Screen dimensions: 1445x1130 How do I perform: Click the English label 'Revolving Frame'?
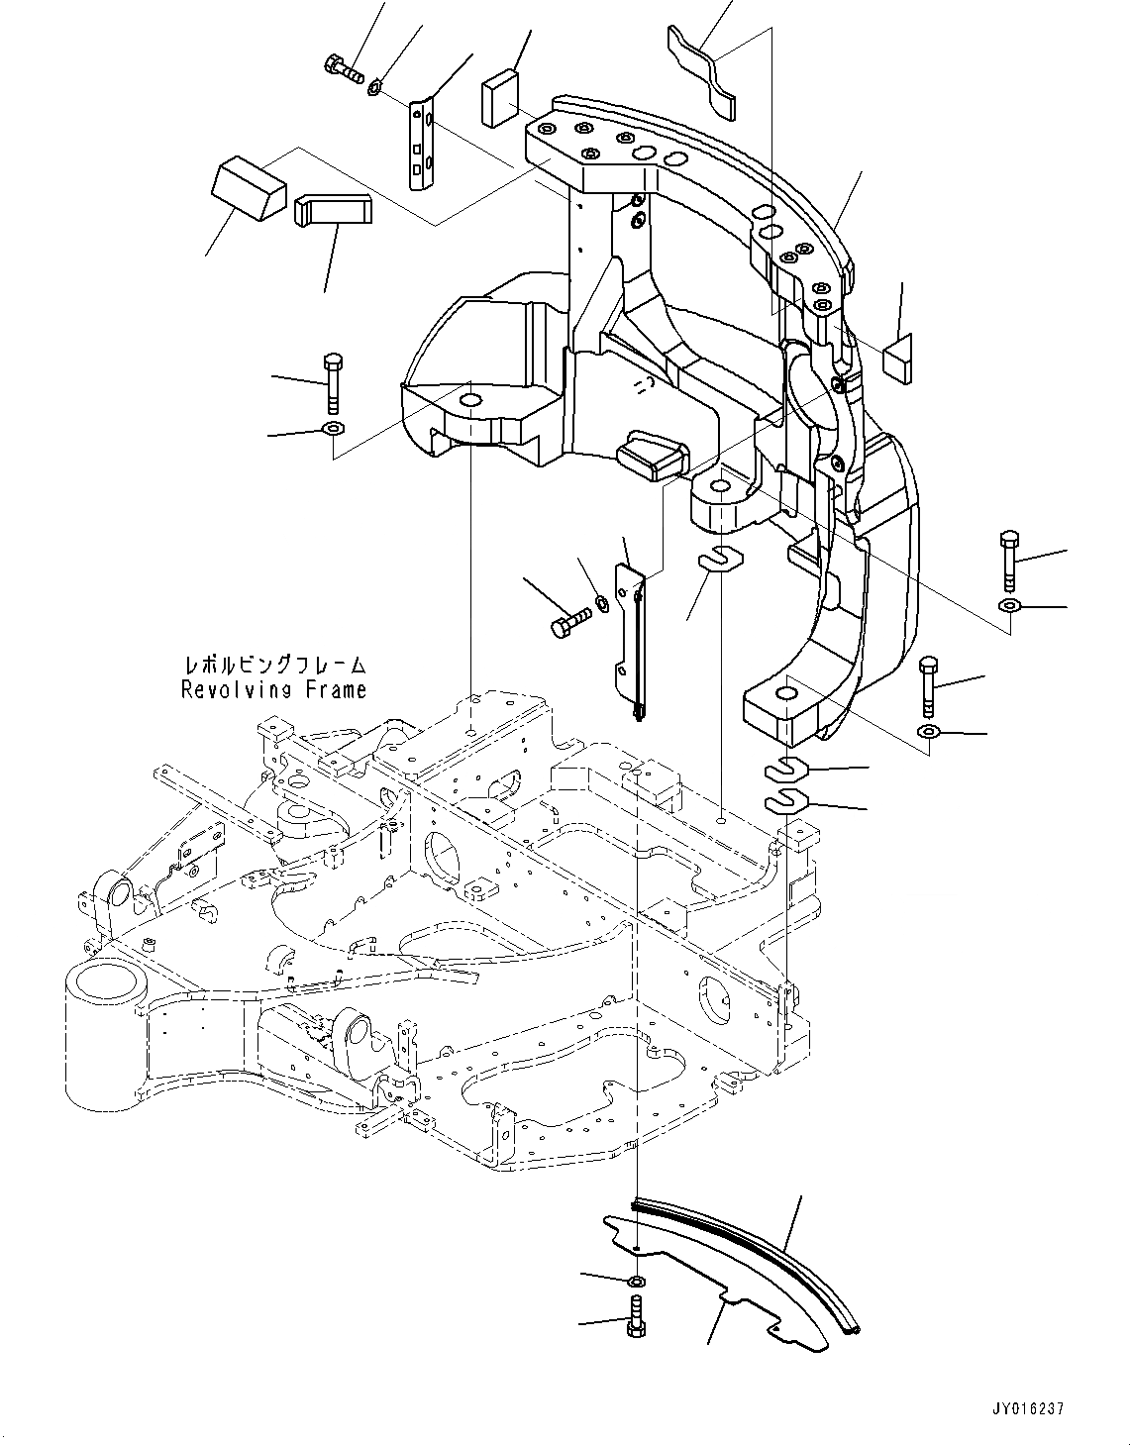tap(273, 690)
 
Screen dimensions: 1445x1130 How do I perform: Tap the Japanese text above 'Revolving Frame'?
tap(273, 665)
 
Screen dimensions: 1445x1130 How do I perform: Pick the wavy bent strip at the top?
tap(704, 70)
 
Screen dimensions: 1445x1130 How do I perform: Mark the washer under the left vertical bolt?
tap(333, 429)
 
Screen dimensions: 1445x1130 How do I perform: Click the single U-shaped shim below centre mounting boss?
tap(721, 561)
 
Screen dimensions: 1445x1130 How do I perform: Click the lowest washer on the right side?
tap(928, 731)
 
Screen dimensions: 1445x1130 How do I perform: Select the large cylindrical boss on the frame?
tap(99, 1030)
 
